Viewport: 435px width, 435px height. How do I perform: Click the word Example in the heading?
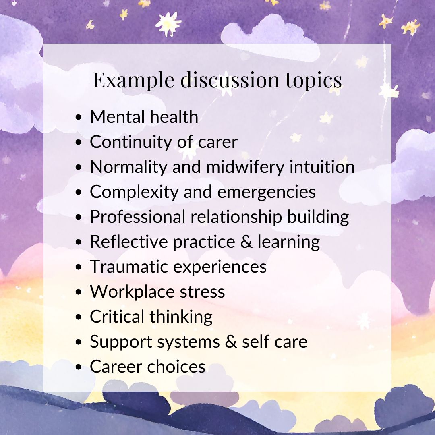pos(133,80)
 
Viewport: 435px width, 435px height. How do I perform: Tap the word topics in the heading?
pos(314,80)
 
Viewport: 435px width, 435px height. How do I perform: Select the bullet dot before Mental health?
pos(79,117)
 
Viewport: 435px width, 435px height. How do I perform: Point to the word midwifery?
pos(245,167)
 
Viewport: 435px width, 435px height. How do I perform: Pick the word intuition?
pos(322,166)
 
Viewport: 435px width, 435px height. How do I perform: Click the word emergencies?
pos(266,192)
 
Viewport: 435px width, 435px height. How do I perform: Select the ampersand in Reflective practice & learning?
pos(246,241)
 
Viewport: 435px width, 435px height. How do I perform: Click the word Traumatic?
pos(129,267)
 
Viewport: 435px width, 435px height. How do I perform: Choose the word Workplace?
pos(133,292)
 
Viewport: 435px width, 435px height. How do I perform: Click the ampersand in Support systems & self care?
pos(231,342)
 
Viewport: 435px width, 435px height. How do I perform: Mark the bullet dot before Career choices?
pos(79,367)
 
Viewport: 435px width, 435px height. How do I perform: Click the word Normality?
pos(128,167)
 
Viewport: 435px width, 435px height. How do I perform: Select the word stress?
pos(202,292)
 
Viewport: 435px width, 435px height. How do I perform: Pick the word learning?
pos(288,242)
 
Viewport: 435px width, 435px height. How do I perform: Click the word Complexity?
pos(134,192)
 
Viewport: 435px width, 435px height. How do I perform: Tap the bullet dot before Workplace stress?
pos(79,292)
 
